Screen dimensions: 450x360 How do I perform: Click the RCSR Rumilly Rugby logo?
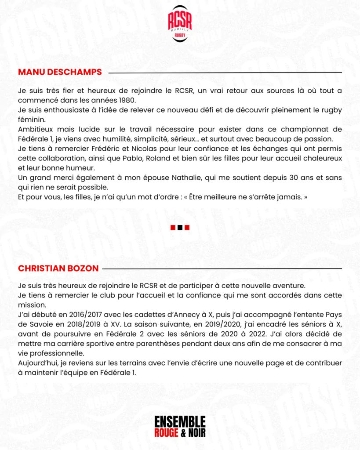180,24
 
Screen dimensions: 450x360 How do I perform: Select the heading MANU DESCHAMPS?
60,72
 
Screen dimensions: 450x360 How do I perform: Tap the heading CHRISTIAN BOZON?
58,268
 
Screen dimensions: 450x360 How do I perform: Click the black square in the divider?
180,227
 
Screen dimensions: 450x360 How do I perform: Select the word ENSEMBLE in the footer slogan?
180,422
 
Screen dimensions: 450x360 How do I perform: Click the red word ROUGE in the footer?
166,432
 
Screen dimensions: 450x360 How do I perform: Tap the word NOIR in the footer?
196,432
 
